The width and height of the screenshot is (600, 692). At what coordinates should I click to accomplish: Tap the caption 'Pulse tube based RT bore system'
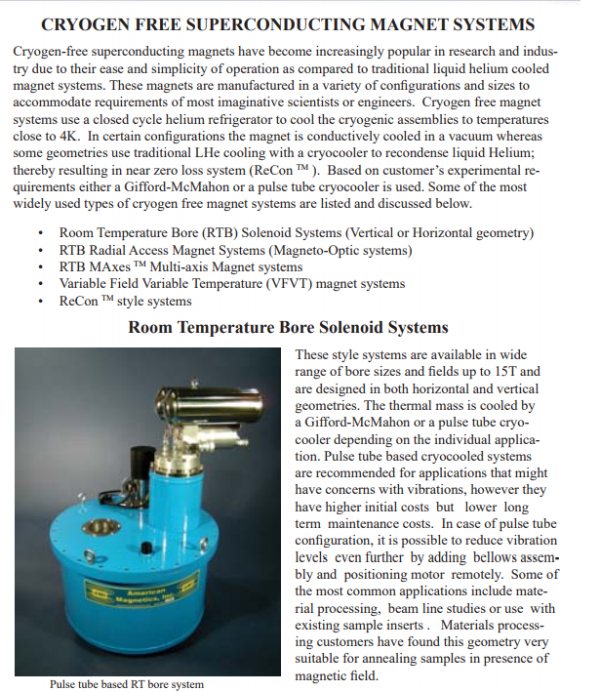pos(127,684)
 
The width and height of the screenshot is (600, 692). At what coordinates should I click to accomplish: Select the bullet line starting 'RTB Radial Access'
pos(235,250)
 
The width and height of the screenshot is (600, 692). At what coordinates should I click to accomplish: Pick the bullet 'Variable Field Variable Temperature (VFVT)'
pos(231,284)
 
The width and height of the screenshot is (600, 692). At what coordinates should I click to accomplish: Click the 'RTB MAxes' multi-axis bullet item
pos(180,266)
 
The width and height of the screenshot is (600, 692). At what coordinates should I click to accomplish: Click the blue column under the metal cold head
pos(177,488)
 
